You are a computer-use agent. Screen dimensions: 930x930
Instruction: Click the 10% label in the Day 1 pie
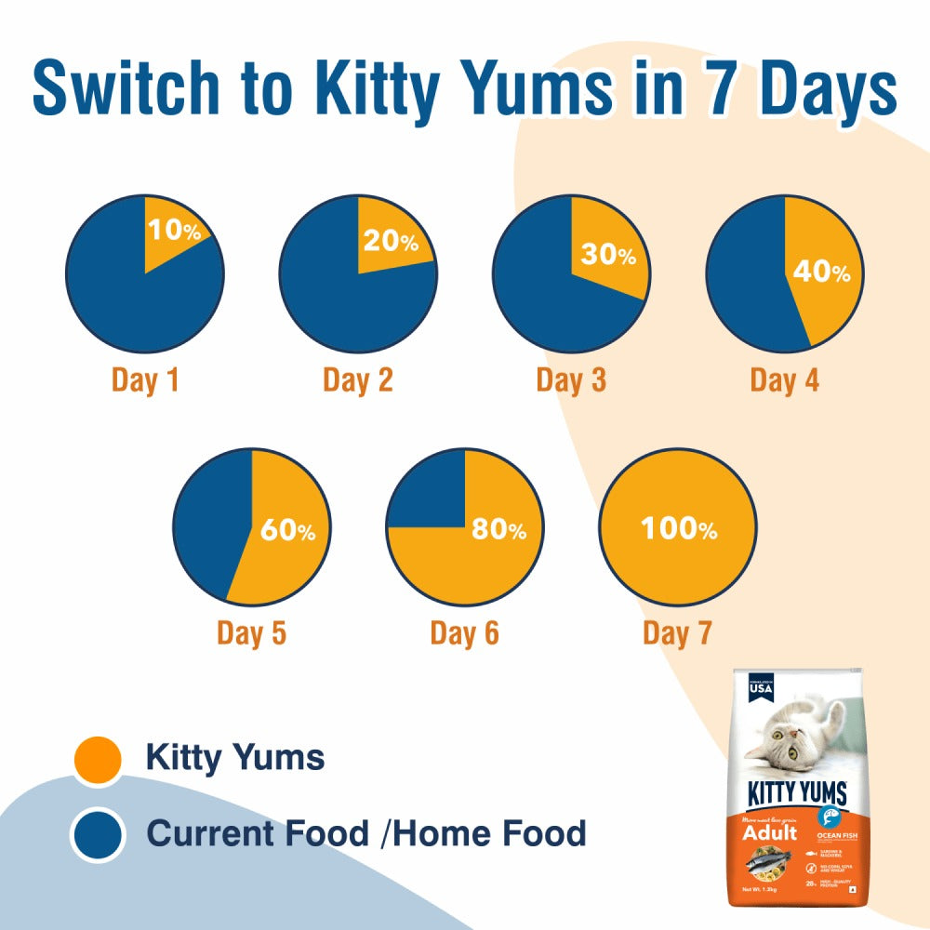(x=173, y=229)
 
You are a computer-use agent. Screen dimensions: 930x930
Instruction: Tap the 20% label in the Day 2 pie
(x=390, y=242)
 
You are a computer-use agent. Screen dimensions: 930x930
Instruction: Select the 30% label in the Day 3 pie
(x=609, y=255)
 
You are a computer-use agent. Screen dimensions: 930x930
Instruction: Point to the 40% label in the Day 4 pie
(x=821, y=272)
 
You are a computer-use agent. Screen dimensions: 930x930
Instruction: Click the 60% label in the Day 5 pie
(x=287, y=531)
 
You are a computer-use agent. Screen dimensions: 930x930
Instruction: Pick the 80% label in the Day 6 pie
(x=498, y=529)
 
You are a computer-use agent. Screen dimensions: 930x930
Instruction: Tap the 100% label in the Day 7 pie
(x=679, y=529)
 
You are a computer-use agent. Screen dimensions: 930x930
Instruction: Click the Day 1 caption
(x=146, y=380)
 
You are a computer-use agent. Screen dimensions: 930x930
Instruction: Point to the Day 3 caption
(x=571, y=380)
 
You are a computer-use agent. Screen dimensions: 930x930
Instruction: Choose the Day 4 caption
(x=785, y=380)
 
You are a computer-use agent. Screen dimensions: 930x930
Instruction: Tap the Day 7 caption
(x=677, y=633)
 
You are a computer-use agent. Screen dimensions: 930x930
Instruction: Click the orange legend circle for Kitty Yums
(x=98, y=759)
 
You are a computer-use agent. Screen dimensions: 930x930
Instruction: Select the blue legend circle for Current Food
(x=98, y=833)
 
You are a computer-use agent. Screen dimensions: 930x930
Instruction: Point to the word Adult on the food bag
(x=769, y=832)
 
